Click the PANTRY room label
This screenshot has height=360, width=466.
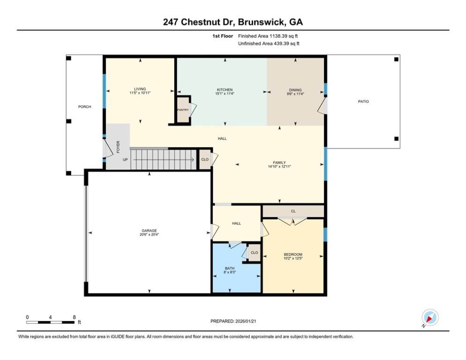(x=183, y=110)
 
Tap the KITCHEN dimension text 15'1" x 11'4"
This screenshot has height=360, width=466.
(x=225, y=93)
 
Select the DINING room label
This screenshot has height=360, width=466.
(x=296, y=90)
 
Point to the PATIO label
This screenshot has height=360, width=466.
(x=363, y=101)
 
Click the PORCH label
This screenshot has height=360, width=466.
(x=85, y=106)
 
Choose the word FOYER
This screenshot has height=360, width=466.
(x=118, y=147)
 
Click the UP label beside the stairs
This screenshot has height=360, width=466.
(x=125, y=159)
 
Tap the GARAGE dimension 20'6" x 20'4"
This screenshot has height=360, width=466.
(x=149, y=234)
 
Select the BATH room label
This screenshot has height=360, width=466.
(x=230, y=269)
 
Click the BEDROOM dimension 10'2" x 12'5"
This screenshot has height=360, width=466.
(x=293, y=258)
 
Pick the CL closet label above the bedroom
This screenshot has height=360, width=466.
(x=293, y=211)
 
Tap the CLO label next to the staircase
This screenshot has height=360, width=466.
(x=205, y=159)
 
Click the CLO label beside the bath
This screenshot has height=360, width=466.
(x=254, y=253)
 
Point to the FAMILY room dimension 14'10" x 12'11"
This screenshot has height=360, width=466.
(x=279, y=166)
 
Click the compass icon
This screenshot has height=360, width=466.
(x=430, y=317)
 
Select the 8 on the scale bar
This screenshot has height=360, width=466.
(x=74, y=317)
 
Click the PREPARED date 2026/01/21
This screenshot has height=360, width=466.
(x=246, y=321)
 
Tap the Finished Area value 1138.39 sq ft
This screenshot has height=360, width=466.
(x=283, y=36)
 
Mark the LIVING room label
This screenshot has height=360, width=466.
(x=140, y=89)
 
